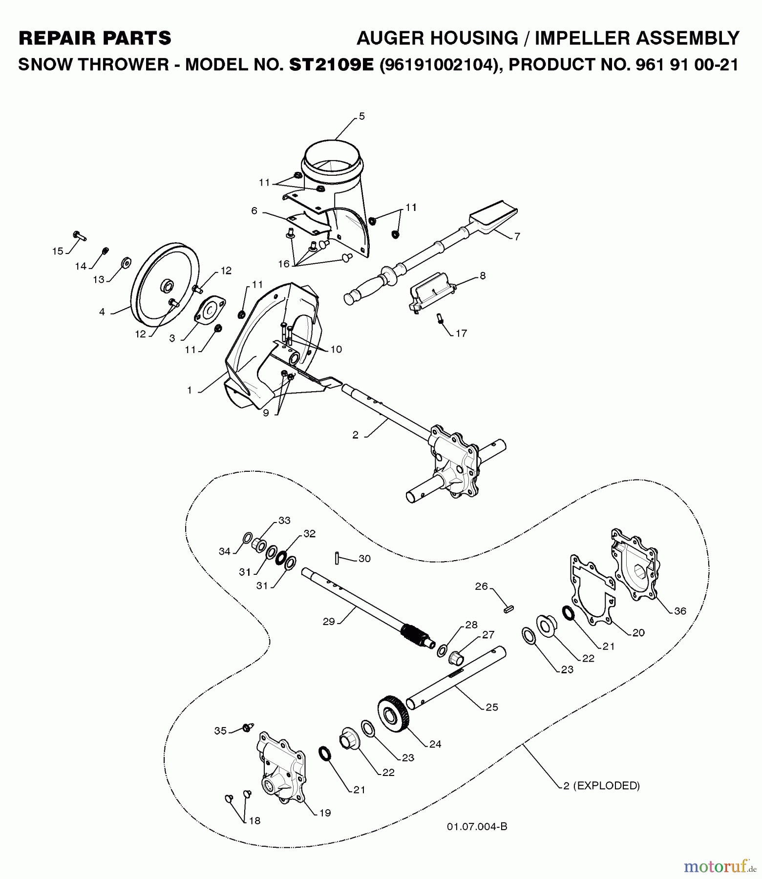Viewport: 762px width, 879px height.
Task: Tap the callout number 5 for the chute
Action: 361,116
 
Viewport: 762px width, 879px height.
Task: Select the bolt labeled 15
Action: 79,236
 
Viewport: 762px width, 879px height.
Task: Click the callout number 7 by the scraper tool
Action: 517,236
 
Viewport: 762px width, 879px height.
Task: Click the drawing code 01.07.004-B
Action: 477,826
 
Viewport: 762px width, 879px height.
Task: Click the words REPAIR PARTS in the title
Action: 95,38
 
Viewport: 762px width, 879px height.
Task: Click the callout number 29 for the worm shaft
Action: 329,621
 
